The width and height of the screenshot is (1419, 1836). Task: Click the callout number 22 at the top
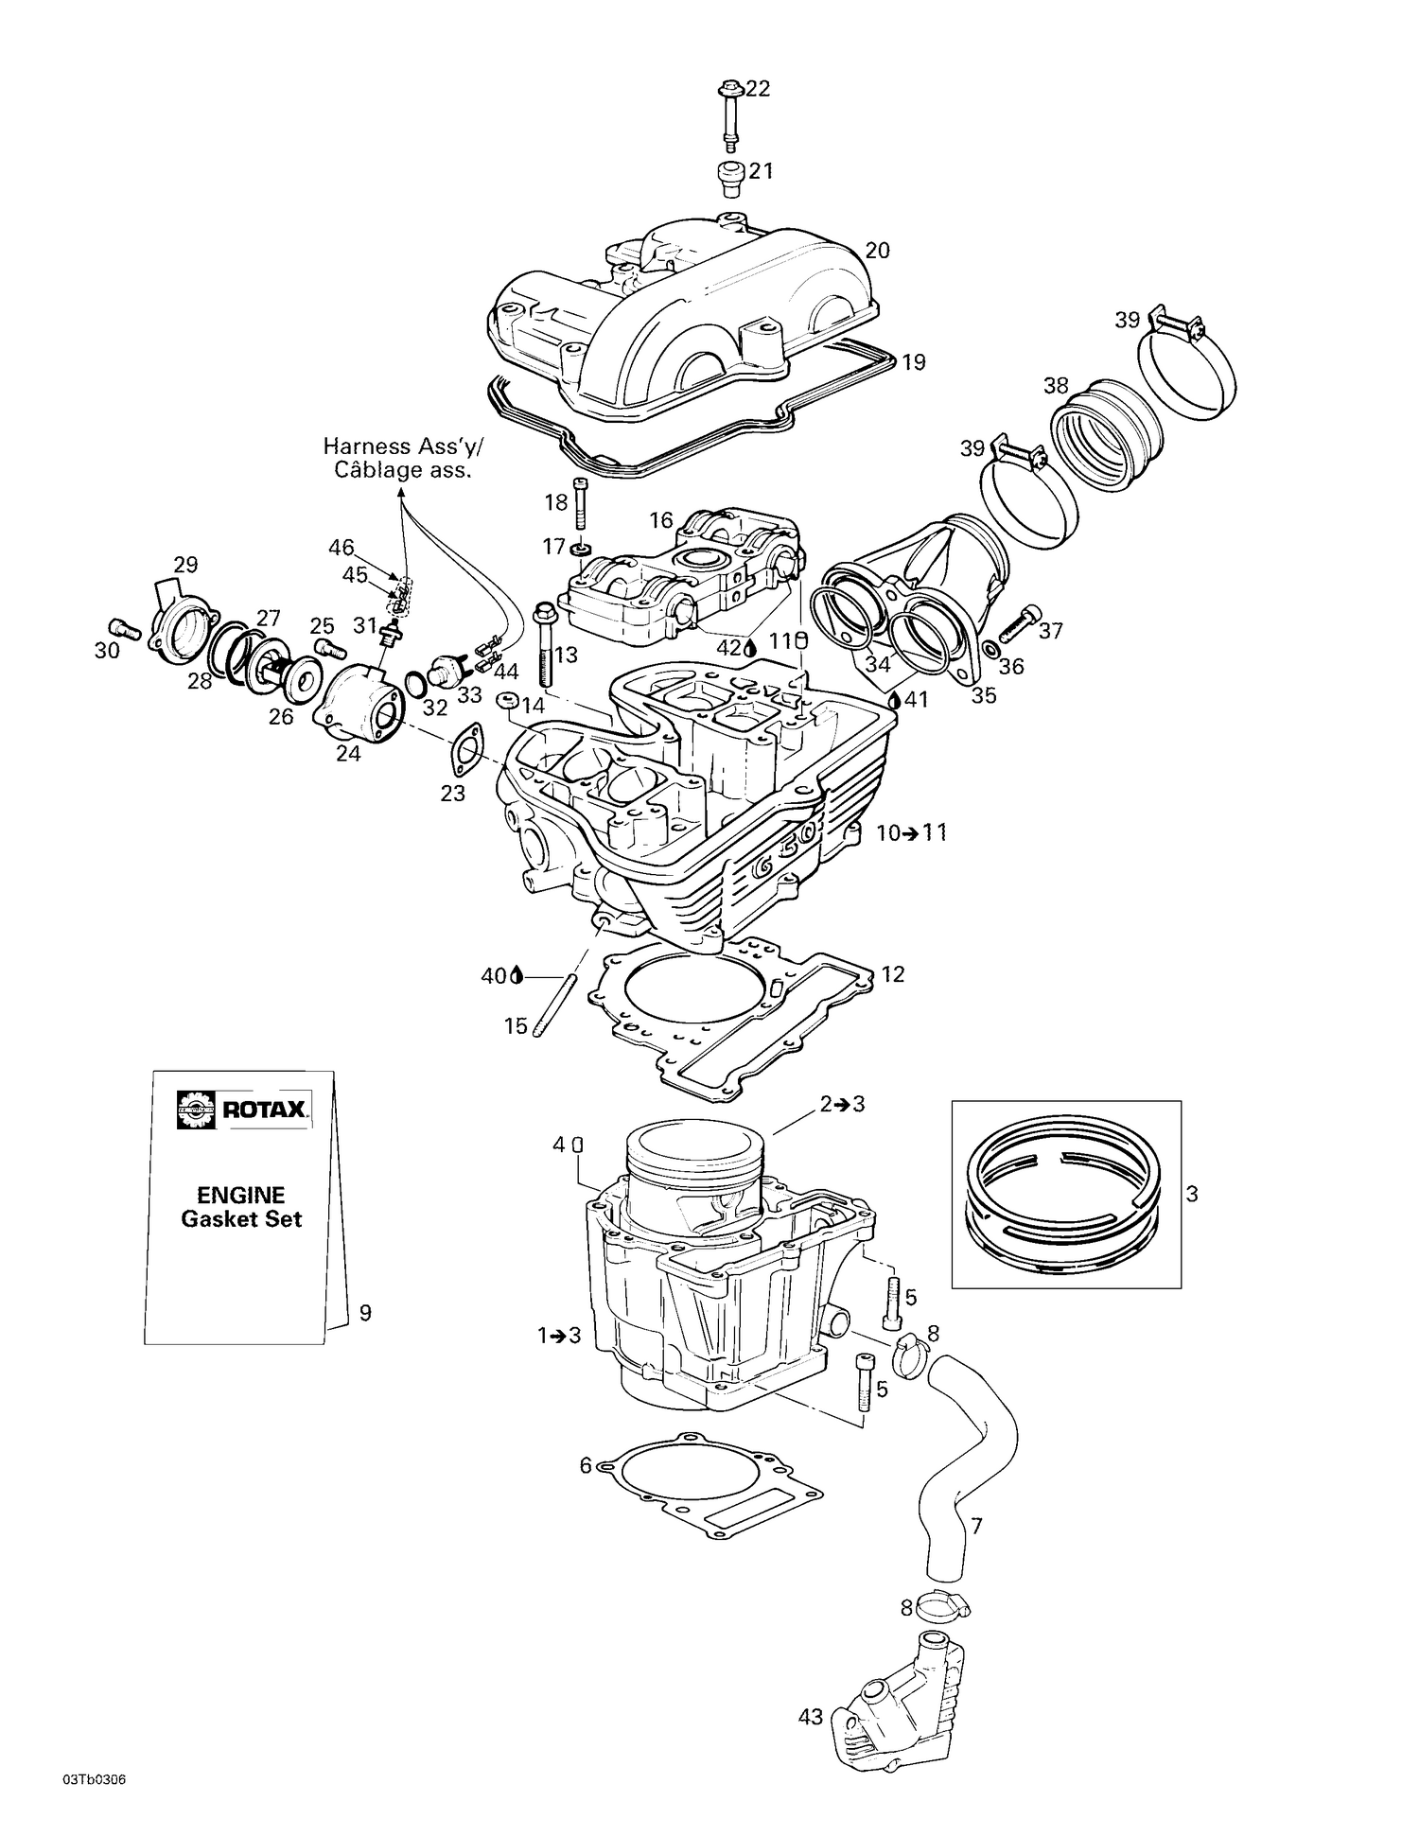click(x=758, y=89)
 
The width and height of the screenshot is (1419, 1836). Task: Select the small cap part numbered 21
click(x=728, y=178)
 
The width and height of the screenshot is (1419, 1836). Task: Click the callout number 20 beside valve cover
click(x=877, y=251)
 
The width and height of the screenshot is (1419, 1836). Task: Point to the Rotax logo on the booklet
click(x=243, y=1110)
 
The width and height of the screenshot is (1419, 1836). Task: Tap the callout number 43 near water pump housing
click(x=811, y=1717)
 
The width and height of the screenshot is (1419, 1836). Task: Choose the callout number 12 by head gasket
click(x=892, y=973)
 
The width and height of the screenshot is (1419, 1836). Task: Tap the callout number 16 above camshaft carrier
click(x=661, y=520)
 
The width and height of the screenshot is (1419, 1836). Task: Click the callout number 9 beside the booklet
click(x=365, y=1313)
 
